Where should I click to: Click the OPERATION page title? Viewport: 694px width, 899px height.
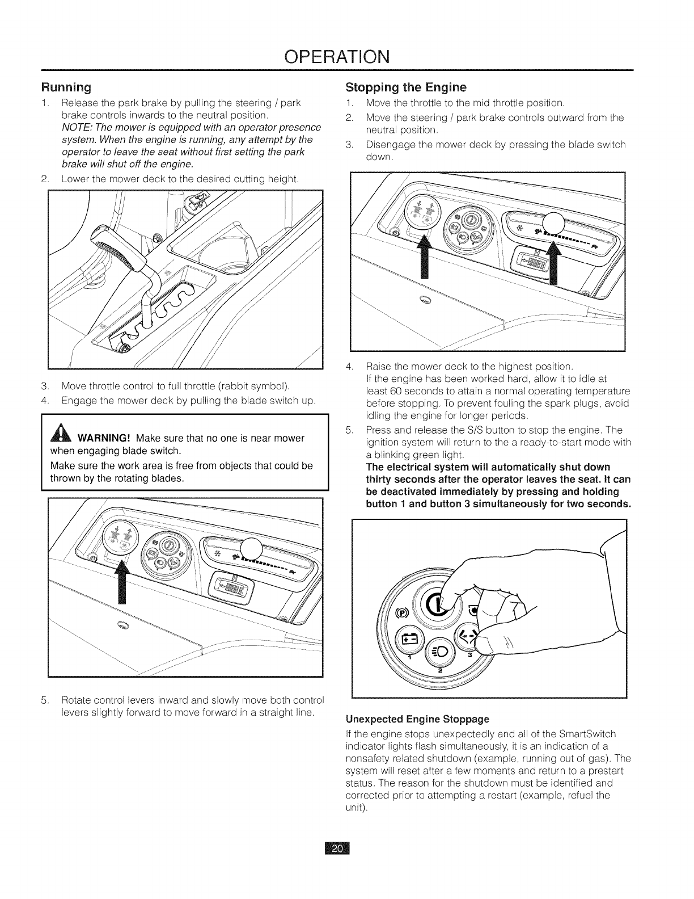click(x=346, y=57)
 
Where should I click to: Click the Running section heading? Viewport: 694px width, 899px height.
click(x=66, y=88)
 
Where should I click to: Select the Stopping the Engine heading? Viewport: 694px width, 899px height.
click(x=405, y=87)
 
